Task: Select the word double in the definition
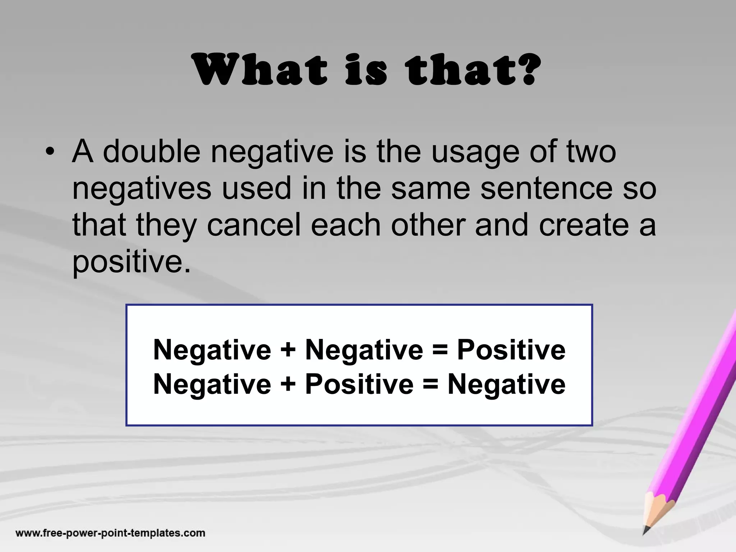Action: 151,151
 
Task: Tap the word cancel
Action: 254,225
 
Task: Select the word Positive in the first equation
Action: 511,350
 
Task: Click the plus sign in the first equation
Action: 288,350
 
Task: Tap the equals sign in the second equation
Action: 431,384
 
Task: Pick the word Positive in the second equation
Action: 359,384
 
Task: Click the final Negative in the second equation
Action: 506,384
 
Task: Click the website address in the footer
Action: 110,533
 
